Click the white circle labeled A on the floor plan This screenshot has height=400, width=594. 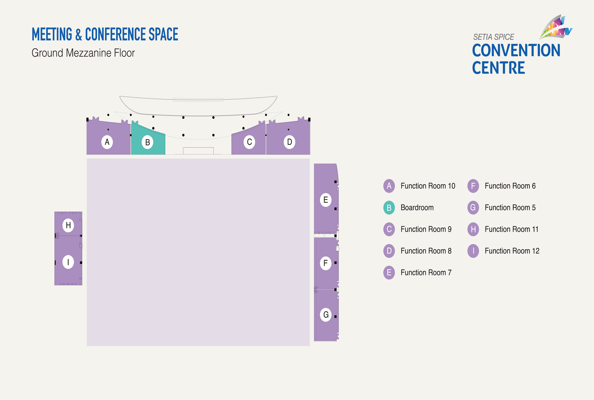(x=107, y=142)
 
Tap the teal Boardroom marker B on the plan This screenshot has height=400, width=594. (x=148, y=142)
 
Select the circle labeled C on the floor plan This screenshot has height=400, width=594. (x=249, y=142)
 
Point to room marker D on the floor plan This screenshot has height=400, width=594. (x=289, y=142)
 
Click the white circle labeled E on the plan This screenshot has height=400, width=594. (x=326, y=200)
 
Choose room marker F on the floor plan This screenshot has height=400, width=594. (x=326, y=263)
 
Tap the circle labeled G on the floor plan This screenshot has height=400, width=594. (x=326, y=315)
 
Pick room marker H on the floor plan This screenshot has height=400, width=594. (x=68, y=225)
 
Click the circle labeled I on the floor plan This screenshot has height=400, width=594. (x=68, y=262)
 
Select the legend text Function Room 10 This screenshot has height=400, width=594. (x=428, y=186)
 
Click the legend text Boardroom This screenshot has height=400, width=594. (x=417, y=208)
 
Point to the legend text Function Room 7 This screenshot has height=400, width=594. (x=426, y=272)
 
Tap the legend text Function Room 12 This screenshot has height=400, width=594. (x=512, y=251)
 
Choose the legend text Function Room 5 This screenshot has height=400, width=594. (x=510, y=208)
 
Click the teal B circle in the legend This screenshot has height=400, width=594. (x=389, y=208)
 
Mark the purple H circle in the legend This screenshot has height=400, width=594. (x=473, y=229)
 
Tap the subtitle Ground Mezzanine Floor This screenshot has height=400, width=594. (x=83, y=53)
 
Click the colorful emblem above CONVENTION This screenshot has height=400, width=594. (x=556, y=27)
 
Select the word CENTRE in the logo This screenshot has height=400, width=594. (x=498, y=68)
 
